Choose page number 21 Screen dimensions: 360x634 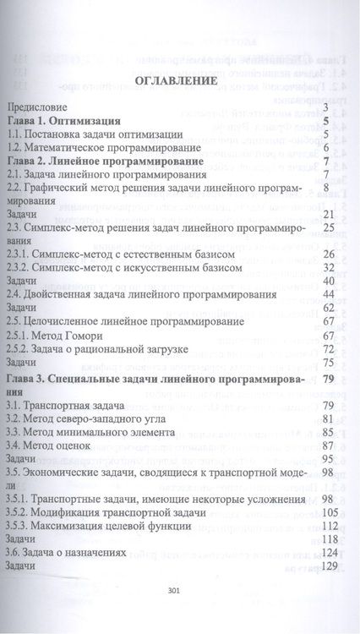[x=330, y=214]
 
